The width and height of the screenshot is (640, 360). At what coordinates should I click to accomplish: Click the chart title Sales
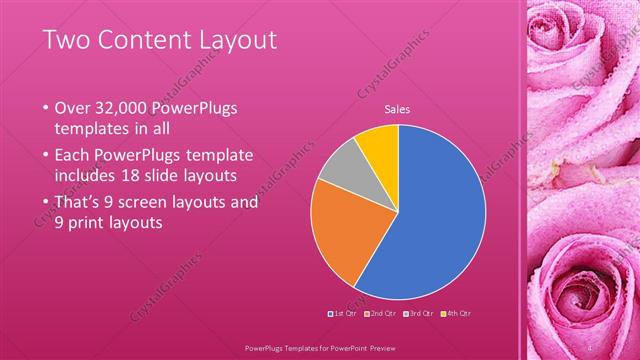[x=398, y=110]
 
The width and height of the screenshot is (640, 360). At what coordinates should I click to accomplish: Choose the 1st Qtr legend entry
[x=345, y=313]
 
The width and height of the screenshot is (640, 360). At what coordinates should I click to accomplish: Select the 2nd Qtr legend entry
[x=382, y=313]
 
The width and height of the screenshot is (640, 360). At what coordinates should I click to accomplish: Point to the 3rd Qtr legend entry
[x=418, y=313]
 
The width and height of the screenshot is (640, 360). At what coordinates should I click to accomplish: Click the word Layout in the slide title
[x=230, y=40]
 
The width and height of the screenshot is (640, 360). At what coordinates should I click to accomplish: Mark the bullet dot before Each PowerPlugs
[x=45, y=155]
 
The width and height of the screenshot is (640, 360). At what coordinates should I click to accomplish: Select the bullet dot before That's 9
[x=45, y=202]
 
